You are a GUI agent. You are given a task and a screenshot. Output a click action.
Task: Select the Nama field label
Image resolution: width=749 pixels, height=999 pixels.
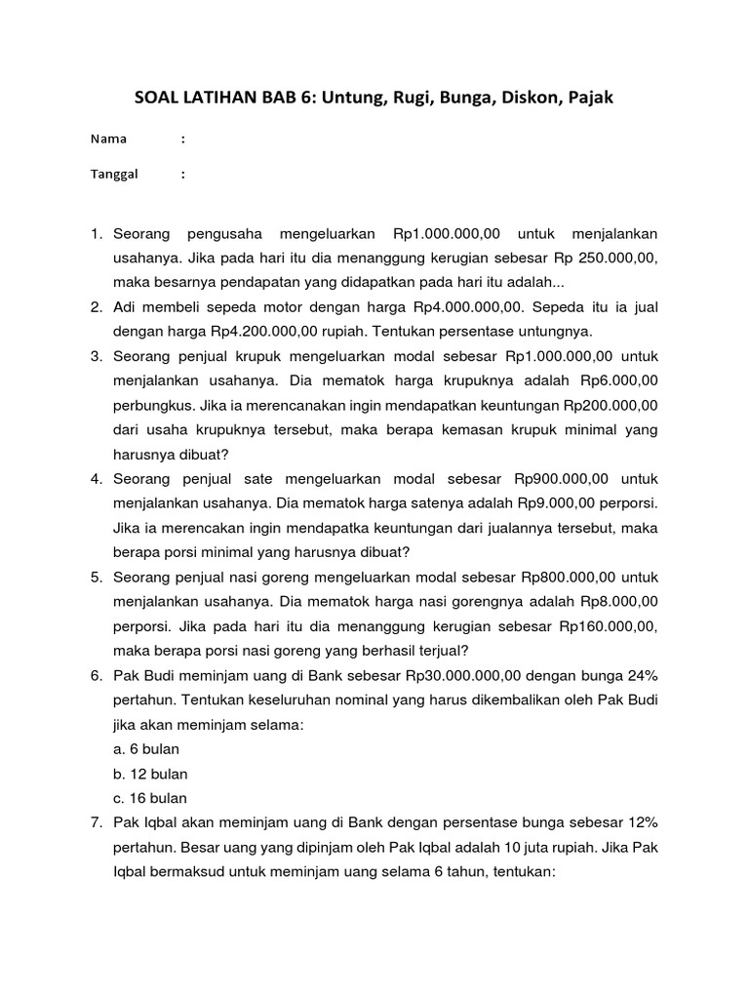[108, 140]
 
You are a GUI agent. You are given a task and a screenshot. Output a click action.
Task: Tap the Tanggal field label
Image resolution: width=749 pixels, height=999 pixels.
[114, 175]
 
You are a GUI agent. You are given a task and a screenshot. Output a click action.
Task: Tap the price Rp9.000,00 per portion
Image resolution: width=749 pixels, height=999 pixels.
[547, 503]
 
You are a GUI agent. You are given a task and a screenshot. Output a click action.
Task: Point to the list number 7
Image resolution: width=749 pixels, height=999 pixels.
[96, 822]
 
